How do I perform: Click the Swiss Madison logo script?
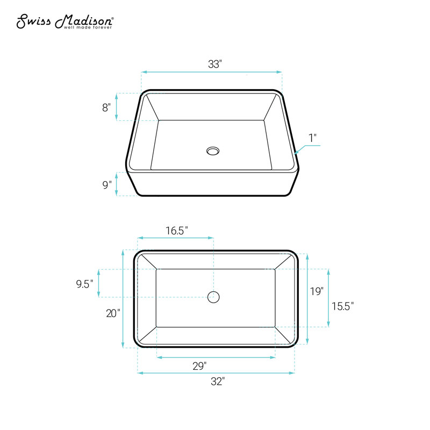coord(65,21)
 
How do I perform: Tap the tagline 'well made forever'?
coord(88,27)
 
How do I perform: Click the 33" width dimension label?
coord(214,64)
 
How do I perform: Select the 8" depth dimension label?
coord(106,107)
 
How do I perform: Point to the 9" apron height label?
coord(107,184)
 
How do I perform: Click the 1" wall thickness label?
coord(313,138)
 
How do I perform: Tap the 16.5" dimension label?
coord(177,231)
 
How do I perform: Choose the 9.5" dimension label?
coord(84,284)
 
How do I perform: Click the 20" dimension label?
coord(113,313)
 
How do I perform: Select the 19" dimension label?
coord(317,291)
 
